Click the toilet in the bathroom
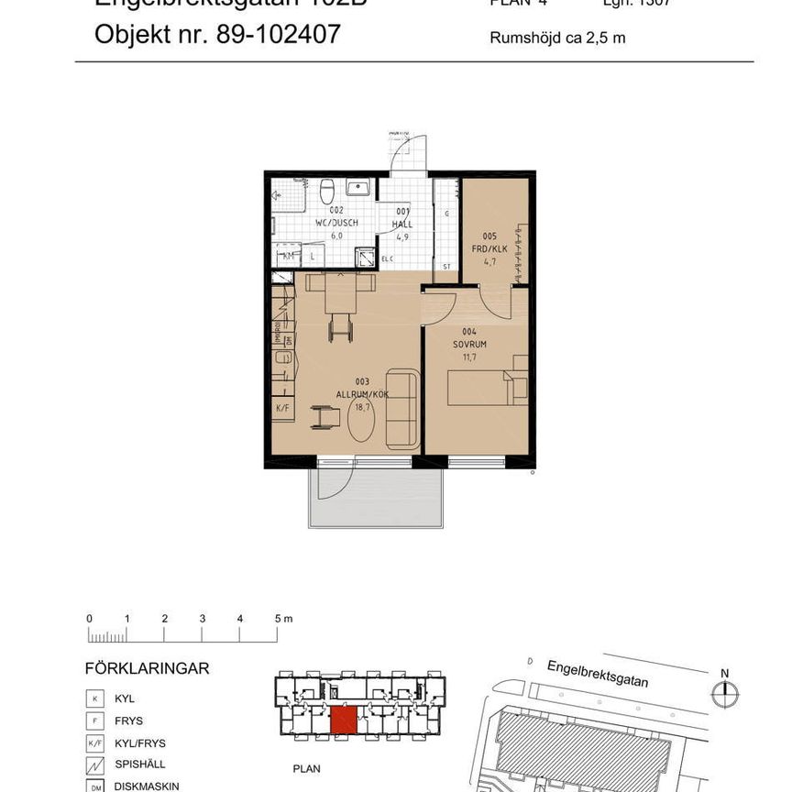click(326, 191)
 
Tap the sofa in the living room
click(402, 408)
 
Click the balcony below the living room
click(376, 500)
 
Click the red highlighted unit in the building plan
click(345, 720)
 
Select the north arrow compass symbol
click(724, 695)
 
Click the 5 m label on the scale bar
click(281, 619)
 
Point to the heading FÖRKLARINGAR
click(147, 668)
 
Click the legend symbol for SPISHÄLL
click(96, 764)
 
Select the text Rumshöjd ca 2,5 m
click(557, 38)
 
